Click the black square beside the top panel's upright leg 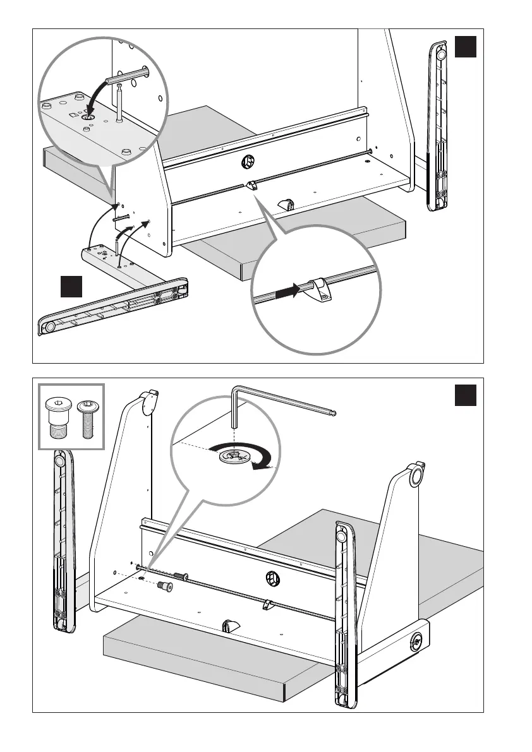tap(465, 47)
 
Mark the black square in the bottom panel tap(465, 395)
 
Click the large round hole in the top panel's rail tap(247, 163)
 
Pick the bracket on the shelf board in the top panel tap(287, 205)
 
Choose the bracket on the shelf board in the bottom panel tap(229, 626)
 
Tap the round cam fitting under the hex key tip tap(234, 455)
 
